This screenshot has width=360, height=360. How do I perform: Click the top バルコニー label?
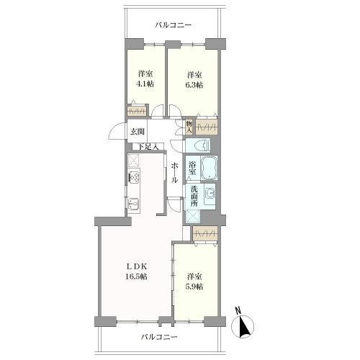tap(173, 25)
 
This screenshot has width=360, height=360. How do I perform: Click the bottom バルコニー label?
tap(159, 337)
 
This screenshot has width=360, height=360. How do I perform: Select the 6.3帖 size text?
tap(195, 85)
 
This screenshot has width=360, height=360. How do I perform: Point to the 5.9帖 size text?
tap(195, 287)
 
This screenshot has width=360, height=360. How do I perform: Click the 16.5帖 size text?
tap(136, 276)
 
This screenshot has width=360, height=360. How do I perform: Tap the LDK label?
tap(136, 266)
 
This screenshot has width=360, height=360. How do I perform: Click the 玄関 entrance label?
tap(138, 132)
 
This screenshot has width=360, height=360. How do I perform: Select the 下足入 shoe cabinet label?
tap(148, 147)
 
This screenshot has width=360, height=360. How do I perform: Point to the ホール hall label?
tap(174, 173)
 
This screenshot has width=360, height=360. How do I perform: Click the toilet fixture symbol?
tap(202, 145)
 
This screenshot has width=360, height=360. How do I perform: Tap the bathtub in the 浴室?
tap(209, 168)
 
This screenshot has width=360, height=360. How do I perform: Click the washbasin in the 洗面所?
tap(210, 194)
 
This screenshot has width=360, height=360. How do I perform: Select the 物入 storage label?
tap(189, 127)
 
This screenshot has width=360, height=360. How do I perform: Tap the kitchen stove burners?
tap(134, 177)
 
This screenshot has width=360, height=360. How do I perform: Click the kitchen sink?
tap(133, 204)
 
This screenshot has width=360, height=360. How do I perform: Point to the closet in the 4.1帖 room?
tap(136, 111)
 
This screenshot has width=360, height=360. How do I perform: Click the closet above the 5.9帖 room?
tap(205, 233)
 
